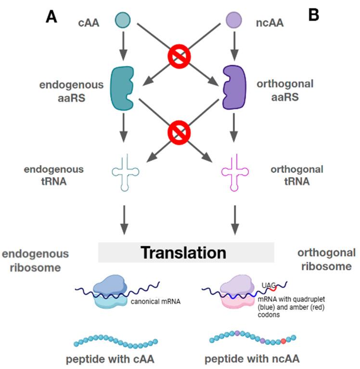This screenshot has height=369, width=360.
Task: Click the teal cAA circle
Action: [x=123, y=20]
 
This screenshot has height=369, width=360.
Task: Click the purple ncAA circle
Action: [x=234, y=20]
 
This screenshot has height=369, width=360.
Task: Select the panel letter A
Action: [x=52, y=17]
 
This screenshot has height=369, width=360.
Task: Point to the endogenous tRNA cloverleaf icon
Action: [x=124, y=171]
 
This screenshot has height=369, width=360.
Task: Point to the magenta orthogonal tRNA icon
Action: [x=234, y=171]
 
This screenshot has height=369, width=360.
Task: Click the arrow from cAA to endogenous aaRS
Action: [x=123, y=45]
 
